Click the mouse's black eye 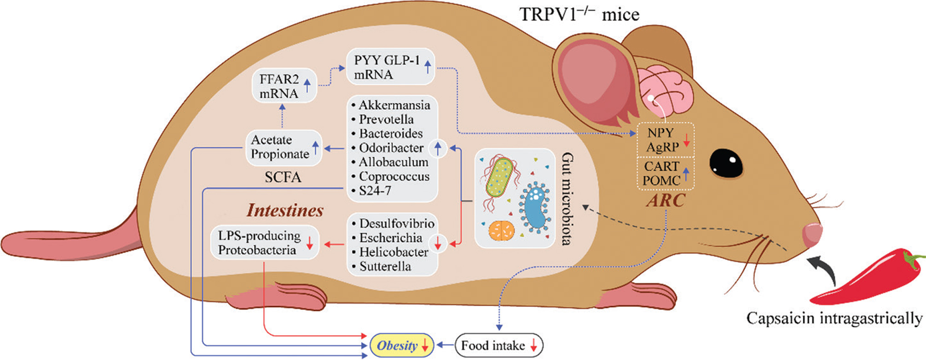tap(726, 164)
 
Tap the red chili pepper tap(865, 276)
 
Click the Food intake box tap(499, 346)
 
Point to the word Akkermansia tap(394, 105)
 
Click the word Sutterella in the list tap(385, 267)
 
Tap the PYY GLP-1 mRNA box tap(390, 67)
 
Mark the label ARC tap(666, 201)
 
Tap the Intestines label tap(285, 210)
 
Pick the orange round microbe tap(501, 230)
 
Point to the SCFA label tap(283, 177)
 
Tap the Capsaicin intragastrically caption tap(834, 318)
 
